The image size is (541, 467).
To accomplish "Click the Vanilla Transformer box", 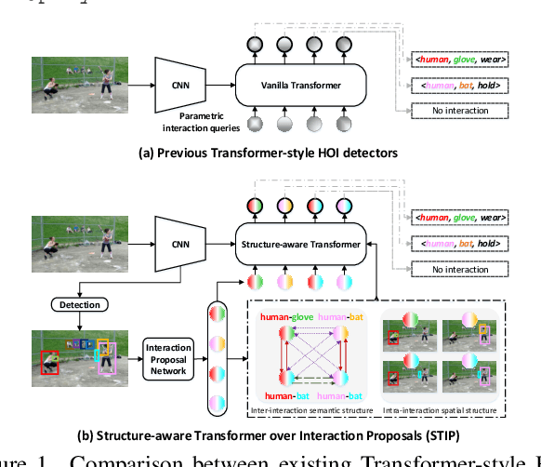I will click(x=288, y=86).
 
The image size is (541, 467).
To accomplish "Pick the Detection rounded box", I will click(x=81, y=304).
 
